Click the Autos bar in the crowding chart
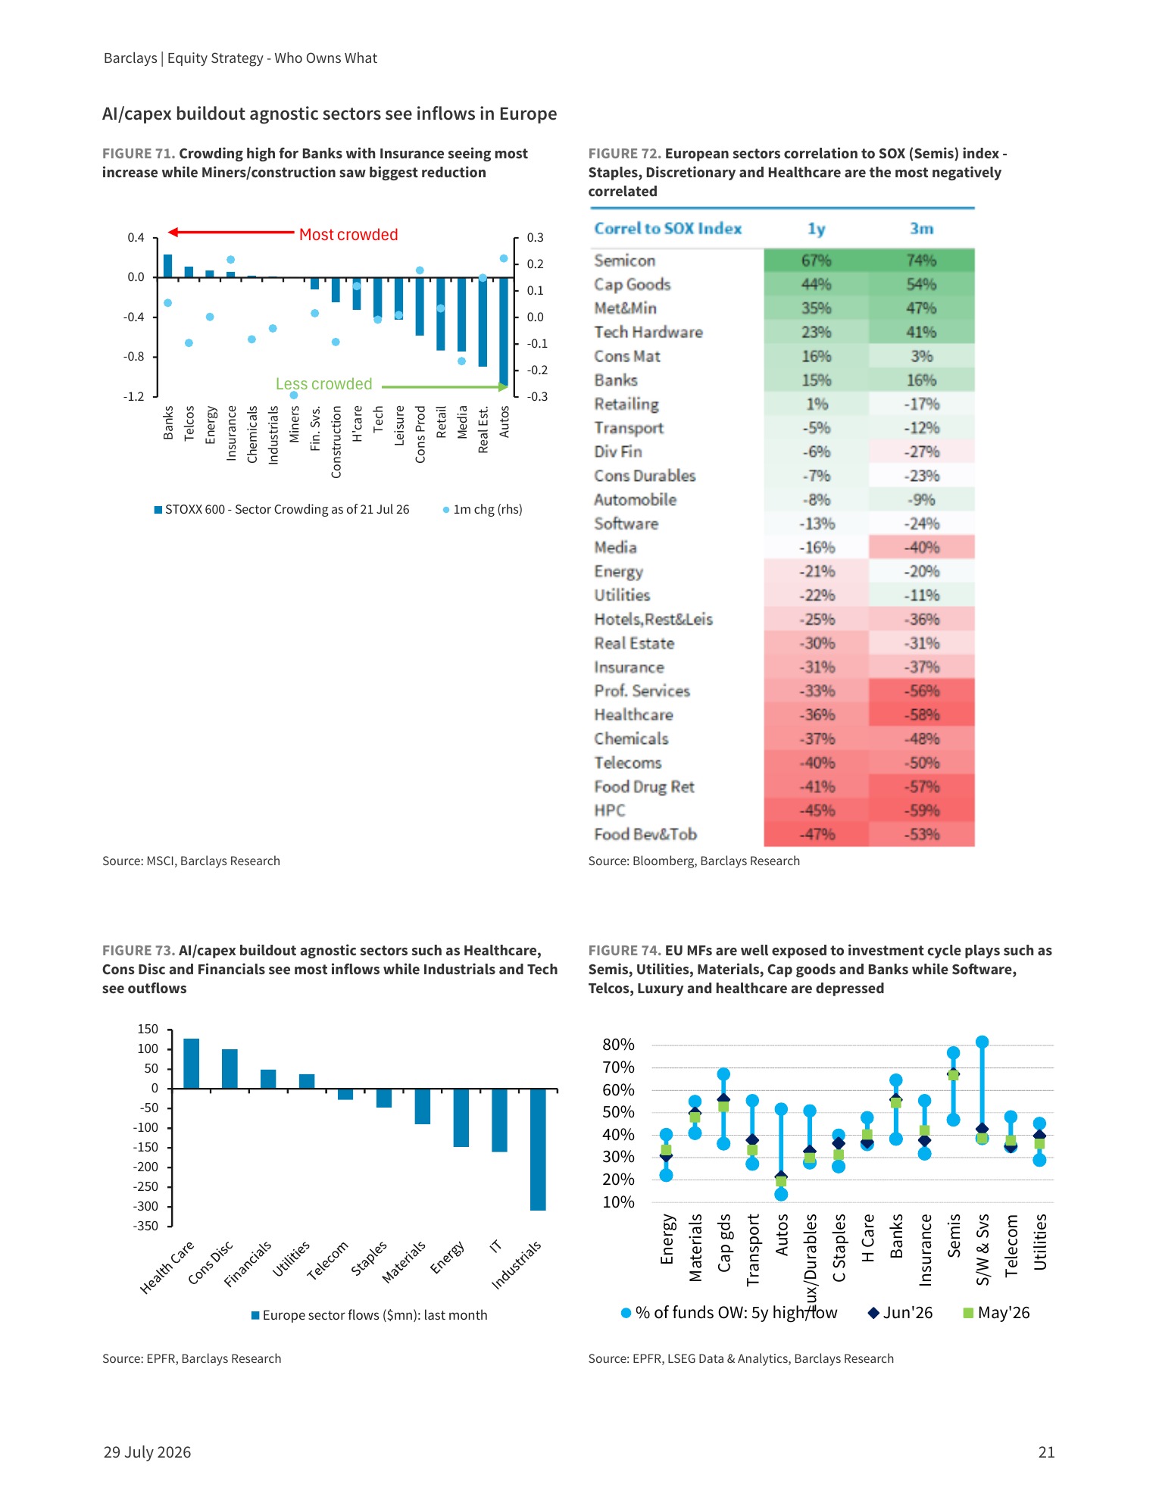click(x=504, y=332)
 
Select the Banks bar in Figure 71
click(x=168, y=266)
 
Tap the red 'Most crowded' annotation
click(x=348, y=235)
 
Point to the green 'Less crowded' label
click(x=324, y=384)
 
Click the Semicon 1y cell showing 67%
click(x=816, y=261)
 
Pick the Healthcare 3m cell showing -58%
click(x=921, y=714)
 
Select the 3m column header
click(x=921, y=229)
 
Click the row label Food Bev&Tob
click(x=645, y=834)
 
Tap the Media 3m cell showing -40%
click(x=921, y=547)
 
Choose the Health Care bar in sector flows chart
click(x=192, y=1064)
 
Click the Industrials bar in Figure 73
click(x=538, y=1149)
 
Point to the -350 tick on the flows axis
click(x=147, y=1226)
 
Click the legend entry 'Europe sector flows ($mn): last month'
click(x=370, y=1315)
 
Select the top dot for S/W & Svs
click(x=982, y=1042)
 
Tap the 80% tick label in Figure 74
click(x=618, y=1045)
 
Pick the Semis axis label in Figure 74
click(x=954, y=1236)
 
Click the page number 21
click(x=1046, y=1452)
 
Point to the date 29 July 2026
click(x=147, y=1452)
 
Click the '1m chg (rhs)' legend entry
click(x=483, y=509)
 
